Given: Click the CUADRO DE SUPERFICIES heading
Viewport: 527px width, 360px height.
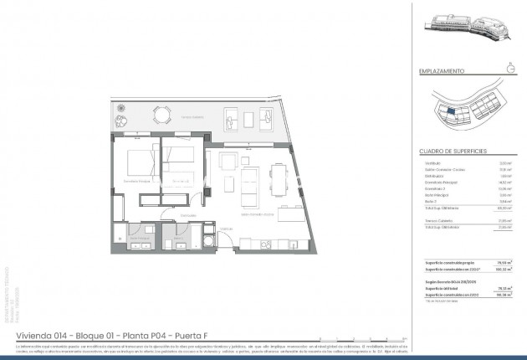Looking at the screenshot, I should (x=447, y=151).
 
